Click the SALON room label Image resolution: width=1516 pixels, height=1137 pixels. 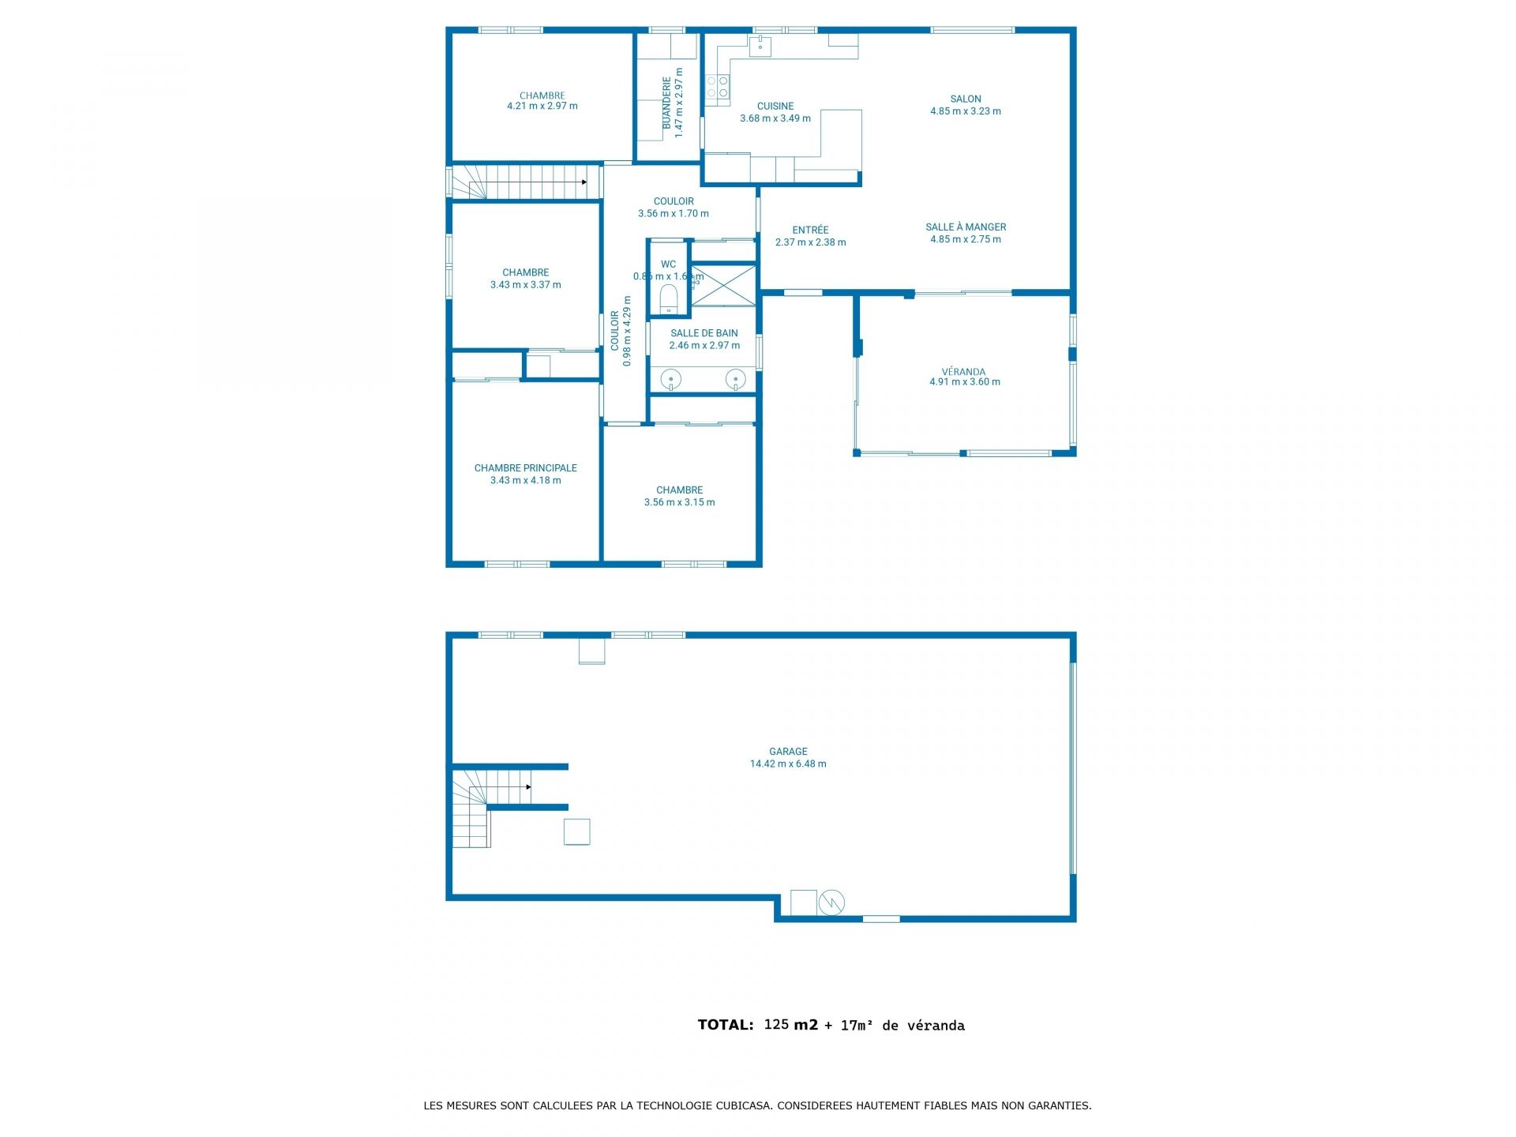[965, 99]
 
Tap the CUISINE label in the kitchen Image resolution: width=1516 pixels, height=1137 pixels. [775, 106]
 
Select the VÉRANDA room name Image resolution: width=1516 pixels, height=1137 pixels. [963, 371]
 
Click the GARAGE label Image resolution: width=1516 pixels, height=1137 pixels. [788, 752]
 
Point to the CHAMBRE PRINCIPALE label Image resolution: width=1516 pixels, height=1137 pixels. [525, 468]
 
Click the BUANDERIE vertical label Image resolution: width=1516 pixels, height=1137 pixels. [666, 103]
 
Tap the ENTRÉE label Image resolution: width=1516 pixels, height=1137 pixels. [810, 230]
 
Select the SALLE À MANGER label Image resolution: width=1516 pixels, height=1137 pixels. [966, 227]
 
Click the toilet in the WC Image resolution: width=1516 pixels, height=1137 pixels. [669, 298]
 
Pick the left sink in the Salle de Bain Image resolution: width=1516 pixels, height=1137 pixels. [670, 380]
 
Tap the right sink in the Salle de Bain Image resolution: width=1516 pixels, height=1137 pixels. [736, 380]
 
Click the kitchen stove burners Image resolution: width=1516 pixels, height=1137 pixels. [717, 87]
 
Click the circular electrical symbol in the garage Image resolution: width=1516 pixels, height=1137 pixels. [831, 902]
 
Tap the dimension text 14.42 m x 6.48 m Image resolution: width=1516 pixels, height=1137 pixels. [788, 764]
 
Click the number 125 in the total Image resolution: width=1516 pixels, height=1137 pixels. [776, 1024]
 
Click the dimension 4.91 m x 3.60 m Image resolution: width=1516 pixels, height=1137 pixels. [964, 382]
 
